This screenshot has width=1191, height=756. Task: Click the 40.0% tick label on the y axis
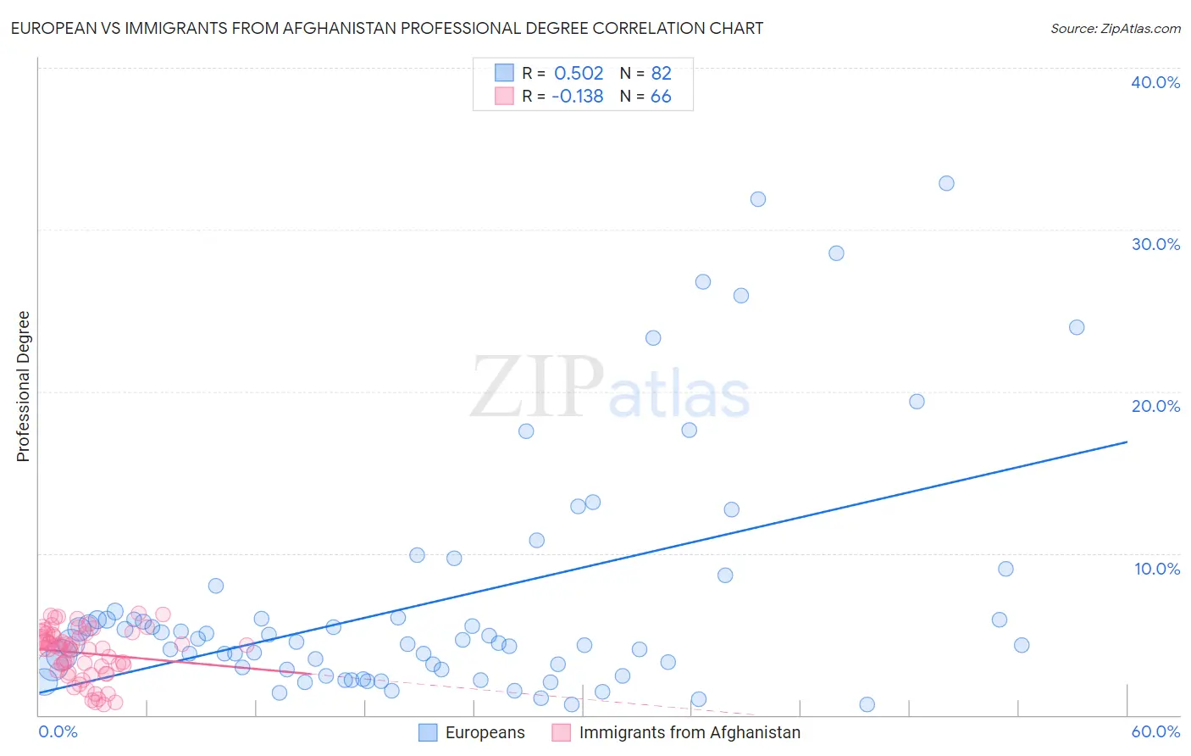pos(1155,82)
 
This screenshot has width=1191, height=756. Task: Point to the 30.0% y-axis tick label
pos(1155,244)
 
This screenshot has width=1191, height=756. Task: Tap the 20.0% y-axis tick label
pos(1155,406)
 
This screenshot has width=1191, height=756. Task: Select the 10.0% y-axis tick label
pos(1157,569)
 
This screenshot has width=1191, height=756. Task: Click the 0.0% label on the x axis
pos(58,731)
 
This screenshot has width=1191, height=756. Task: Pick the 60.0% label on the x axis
pos(1155,731)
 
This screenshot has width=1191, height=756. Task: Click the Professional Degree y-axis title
pos(23,386)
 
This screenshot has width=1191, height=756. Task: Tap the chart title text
pos(387,28)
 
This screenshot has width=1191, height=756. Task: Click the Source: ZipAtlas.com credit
pos(1115,28)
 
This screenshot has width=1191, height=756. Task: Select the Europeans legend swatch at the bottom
pos(428,732)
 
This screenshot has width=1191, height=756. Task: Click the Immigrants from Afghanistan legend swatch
pos(562,732)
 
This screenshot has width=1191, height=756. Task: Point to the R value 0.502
pos(579,74)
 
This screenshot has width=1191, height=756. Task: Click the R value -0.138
pos(577,97)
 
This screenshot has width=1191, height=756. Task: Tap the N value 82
pos(661,74)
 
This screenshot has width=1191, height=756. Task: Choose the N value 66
pos(661,97)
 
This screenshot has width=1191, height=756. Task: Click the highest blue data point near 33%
pos(946,183)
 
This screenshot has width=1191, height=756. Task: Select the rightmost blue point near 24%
pos(1077,327)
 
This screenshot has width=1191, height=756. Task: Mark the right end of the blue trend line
pos(1127,442)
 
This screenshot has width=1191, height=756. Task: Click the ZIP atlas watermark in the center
pos(610,388)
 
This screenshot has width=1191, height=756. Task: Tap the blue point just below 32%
pos(758,199)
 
